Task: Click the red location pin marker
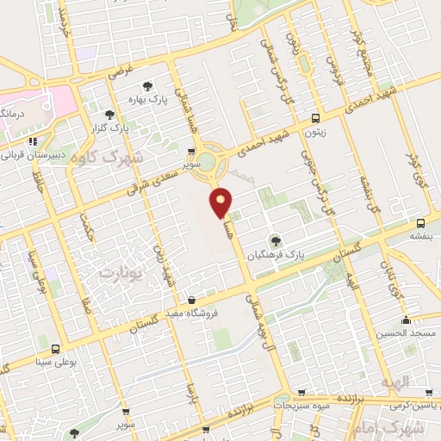tap(221, 202)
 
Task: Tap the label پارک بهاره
tap(148, 100)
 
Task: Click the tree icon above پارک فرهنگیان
tap(275, 241)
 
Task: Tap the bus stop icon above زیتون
tap(316, 119)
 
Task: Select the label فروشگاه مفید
tap(202, 314)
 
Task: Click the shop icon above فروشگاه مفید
tap(202, 300)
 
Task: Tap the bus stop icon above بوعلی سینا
tap(56, 350)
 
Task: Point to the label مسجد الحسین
tap(405, 332)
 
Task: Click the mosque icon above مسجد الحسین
tap(405, 319)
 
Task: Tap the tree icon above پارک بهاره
tap(148, 86)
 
